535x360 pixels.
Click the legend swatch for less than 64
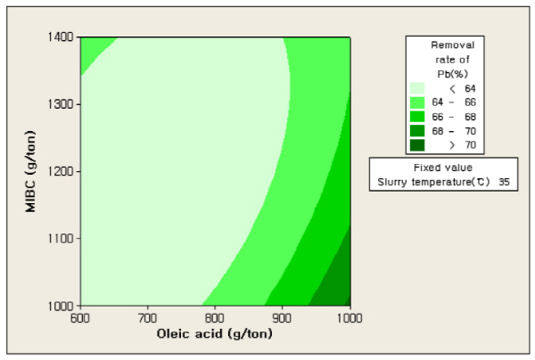pos(416,88)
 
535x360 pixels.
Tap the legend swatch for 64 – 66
pos(416,102)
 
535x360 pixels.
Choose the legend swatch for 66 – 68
pos(416,117)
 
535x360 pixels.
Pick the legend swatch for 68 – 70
pos(416,131)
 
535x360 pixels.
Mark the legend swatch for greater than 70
pos(416,145)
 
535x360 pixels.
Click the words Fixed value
pos(442,167)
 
